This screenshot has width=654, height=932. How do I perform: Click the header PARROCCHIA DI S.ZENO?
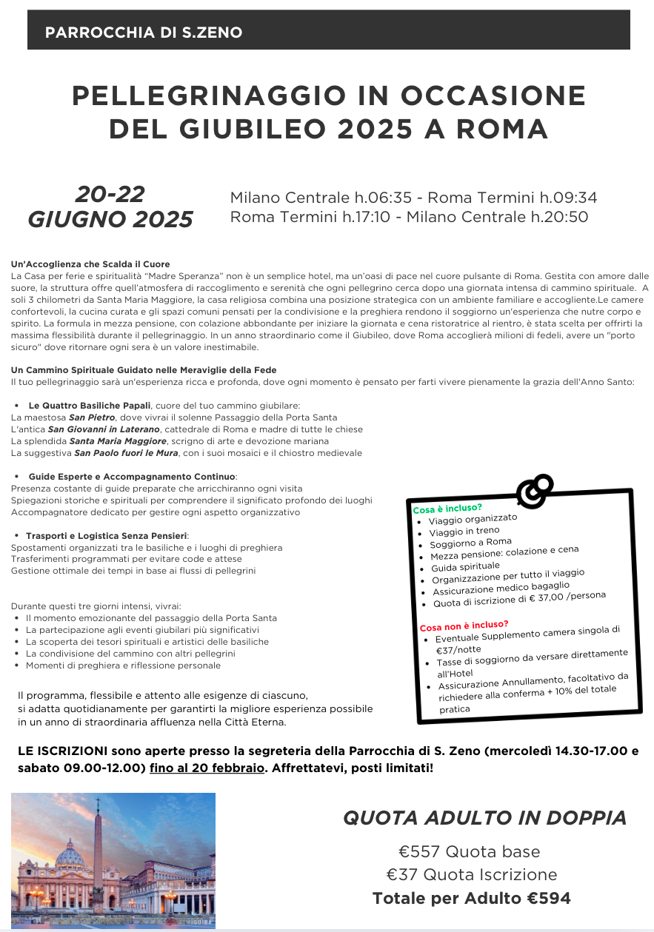coord(144,33)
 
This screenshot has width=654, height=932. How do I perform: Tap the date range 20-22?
coord(110,195)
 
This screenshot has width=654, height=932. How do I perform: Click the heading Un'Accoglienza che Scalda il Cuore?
coord(90,264)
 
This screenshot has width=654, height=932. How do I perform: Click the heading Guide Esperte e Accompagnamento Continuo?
coord(132,477)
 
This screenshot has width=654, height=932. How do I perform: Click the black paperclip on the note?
coord(535,491)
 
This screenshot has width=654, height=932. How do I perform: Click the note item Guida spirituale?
coord(465,566)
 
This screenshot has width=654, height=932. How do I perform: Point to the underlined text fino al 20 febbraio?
coord(207,768)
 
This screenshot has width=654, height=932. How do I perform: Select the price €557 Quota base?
coord(469,851)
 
